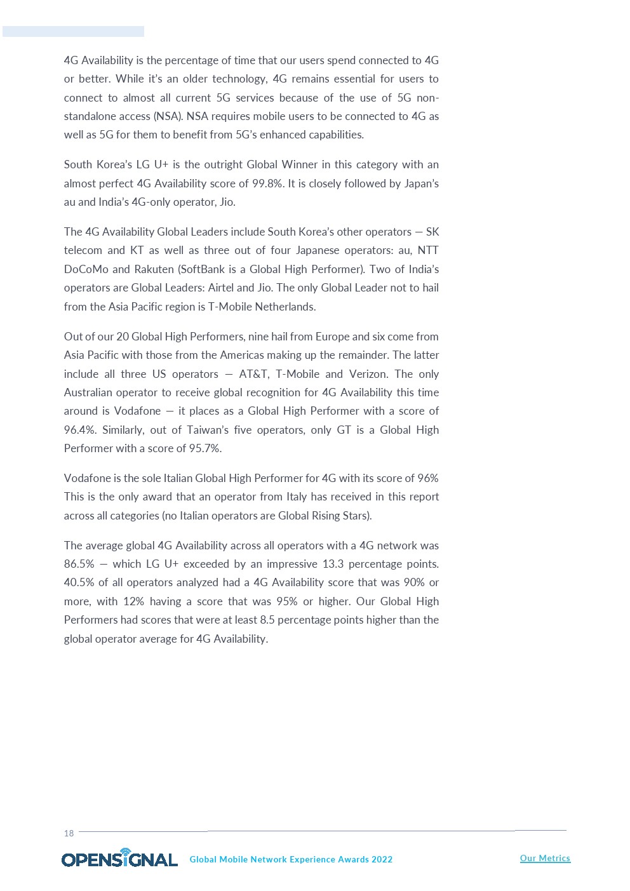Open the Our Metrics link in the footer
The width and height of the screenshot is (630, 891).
[x=545, y=858]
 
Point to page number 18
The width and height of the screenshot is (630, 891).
[x=69, y=833]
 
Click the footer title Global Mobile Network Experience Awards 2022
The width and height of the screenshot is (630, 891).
[x=291, y=859]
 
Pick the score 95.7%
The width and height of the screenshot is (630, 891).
[x=204, y=448]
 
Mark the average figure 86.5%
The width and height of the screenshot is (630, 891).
[x=79, y=564]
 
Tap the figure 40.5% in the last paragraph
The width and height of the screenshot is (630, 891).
[x=79, y=582]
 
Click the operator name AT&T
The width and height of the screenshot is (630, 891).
[x=253, y=374]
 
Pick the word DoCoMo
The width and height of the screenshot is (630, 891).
[x=86, y=269]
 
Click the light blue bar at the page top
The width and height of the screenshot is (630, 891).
[x=73, y=31]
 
